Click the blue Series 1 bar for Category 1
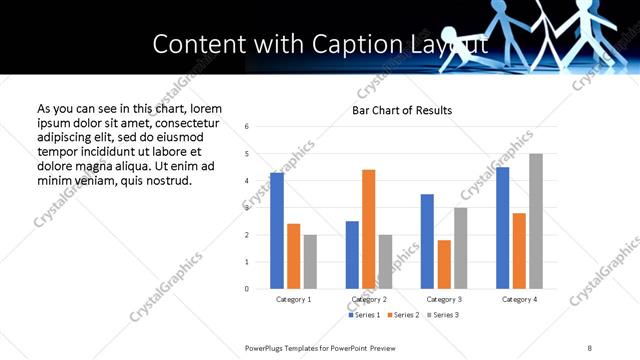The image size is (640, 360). pyautogui.click(x=277, y=231)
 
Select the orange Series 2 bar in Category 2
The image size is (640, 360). pyautogui.click(x=369, y=229)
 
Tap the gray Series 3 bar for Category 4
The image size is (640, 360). pyautogui.click(x=535, y=221)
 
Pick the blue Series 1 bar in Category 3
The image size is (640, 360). pyautogui.click(x=427, y=241)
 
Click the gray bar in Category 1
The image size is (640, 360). pyautogui.click(x=310, y=262)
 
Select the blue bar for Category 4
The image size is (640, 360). pyautogui.click(x=502, y=228)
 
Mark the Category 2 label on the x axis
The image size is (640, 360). pyautogui.click(x=369, y=299)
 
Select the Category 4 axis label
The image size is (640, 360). pyautogui.click(x=518, y=299)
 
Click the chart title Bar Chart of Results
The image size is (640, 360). pyautogui.click(x=402, y=110)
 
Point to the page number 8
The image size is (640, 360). pyautogui.click(x=590, y=347)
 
